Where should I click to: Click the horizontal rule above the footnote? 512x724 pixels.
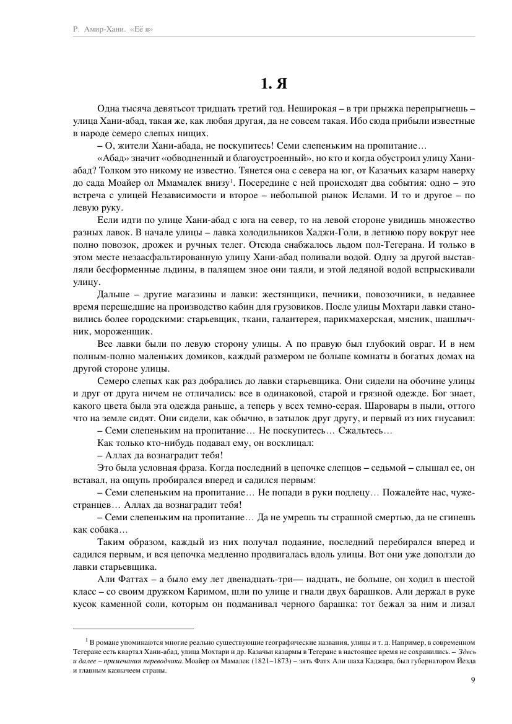point(133,628)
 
